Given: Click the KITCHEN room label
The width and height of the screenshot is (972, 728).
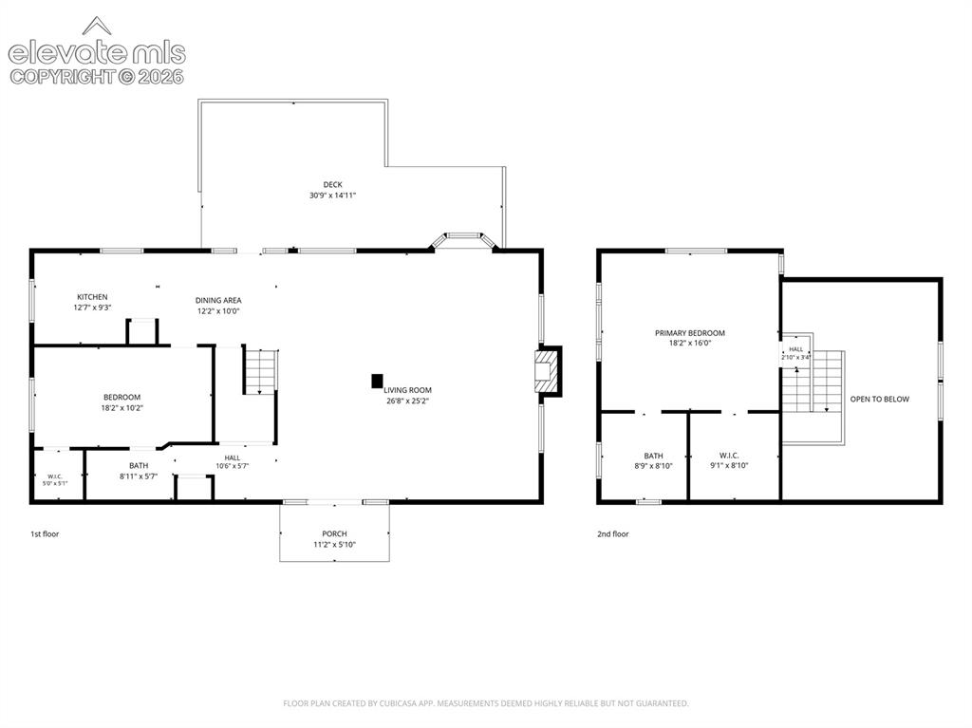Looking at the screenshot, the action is pyautogui.click(x=92, y=297).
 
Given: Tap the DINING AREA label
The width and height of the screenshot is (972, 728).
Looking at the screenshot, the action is pyautogui.click(x=218, y=300).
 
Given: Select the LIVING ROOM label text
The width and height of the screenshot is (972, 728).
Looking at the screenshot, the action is pyautogui.click(x=407, y=390).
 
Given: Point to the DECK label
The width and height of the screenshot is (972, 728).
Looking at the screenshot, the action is pyautogui.click(x=333, y=184).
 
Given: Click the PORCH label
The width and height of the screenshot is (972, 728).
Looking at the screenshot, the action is pyautogui.click(x=334, y=533).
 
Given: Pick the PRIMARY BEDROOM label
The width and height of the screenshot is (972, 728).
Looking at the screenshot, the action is pyautogui.click(x=690, y=333).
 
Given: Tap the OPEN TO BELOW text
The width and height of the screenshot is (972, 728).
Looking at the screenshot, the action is pyautogui.click(x=880, y=399).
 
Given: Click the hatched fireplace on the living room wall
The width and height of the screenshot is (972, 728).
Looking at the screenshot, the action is pyautogui.click(x=548, y=371).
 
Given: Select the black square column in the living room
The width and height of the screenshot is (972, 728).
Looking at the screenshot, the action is pyautogui.click(x=377, y=382).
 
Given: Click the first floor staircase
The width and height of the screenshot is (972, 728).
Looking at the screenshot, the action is pyautogui.click(x=260, y=371).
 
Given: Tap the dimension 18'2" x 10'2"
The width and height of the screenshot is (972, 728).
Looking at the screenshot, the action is pyautogui.click(x=122, y=408).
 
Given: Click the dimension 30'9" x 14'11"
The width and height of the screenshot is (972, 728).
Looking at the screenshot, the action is pyautogui.click(x=333, y=196).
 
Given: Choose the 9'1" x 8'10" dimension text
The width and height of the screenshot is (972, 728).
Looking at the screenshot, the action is pyautogui.click(x=729, y=466).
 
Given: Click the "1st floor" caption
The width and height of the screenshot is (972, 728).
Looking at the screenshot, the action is pyautogui.click(x=45, y=534).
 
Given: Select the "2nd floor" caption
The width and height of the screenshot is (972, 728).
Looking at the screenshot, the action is pyautogui.click(x=613, y=534).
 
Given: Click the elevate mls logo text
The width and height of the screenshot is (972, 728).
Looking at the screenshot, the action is pyautogui.click(x=97, y=53).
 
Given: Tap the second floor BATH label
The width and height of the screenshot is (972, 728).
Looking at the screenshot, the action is pyautogui.click(x=653, y=456).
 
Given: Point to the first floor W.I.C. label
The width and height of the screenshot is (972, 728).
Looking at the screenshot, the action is pyautogui.click(x=55, y=476).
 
